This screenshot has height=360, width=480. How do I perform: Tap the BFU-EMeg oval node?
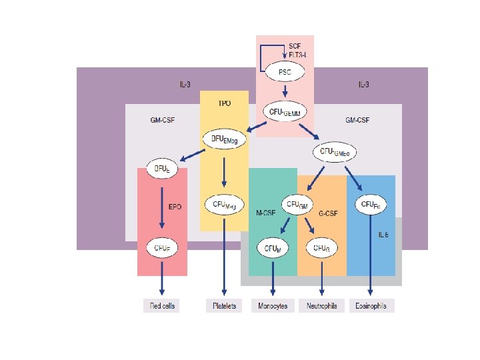tap(224, 139)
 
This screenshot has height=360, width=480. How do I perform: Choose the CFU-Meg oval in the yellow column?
tap(224, 204)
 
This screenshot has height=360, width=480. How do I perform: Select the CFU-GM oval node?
tap(298, 203)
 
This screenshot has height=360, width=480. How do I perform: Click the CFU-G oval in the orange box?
tap(321, 248)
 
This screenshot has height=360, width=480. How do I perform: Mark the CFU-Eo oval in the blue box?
tap(370, 203)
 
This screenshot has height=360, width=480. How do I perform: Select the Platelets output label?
tap(224, 306)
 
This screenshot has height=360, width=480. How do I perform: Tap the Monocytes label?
tap(273, 306)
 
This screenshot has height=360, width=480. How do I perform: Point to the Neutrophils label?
tap(322, 306)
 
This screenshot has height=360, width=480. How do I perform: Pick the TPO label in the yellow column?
tap(225, 104)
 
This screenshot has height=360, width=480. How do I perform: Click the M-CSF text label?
tap(267, 213)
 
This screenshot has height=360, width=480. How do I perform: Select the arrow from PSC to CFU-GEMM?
tap(285, 91)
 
